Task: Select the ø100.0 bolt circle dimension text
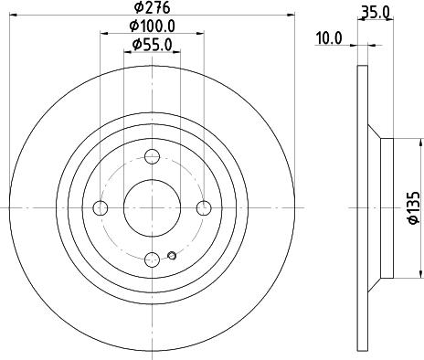click(153, 26)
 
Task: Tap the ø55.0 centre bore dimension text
click(153, 45)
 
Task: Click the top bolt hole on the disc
click(153, 156)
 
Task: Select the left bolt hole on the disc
click(101, 208)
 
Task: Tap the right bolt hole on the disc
click(204, 208)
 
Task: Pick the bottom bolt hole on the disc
click(153, 259)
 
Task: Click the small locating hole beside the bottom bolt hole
click(171, 255)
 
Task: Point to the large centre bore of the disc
click(153, 208)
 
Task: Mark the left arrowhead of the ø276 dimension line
click(13, 15)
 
